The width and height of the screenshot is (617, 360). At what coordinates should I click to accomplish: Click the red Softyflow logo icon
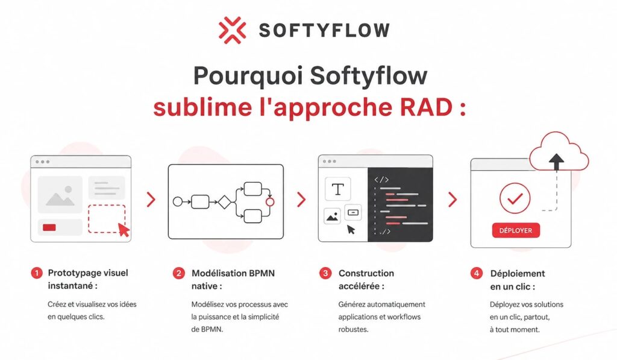pos(232,30)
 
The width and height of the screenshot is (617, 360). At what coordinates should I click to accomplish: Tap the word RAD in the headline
pos(426,107)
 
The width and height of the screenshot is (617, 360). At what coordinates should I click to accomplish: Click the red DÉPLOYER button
pos(516,230)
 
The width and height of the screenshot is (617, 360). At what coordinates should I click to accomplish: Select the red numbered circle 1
pos(37,273)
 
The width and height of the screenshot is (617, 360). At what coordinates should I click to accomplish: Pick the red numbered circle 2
pos(178,273)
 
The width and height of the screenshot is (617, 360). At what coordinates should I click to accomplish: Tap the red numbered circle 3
pos(325,273)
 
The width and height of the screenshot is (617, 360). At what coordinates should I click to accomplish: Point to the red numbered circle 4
pos(477,273)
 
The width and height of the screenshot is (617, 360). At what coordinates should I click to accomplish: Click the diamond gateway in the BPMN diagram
pos(224,201)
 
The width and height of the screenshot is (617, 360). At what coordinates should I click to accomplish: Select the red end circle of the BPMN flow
pos(270,201)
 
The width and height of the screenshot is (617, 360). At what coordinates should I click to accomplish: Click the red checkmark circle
pos(515,198)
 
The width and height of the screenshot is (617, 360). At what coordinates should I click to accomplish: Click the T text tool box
pos(337,189)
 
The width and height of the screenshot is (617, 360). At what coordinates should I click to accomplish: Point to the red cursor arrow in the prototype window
pos(124,230)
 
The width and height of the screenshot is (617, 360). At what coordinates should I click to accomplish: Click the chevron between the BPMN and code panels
pos(301,200)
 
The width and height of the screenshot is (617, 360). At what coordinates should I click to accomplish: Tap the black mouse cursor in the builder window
pos(351,230)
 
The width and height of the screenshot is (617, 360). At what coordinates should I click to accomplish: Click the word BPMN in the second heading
pos(262,273)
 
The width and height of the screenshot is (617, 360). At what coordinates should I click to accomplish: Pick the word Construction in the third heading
pos(366,273)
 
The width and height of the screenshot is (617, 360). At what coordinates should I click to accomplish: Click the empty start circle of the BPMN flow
pos(178,201)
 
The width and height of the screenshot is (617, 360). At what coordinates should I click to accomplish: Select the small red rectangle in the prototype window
pos(49,227)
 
